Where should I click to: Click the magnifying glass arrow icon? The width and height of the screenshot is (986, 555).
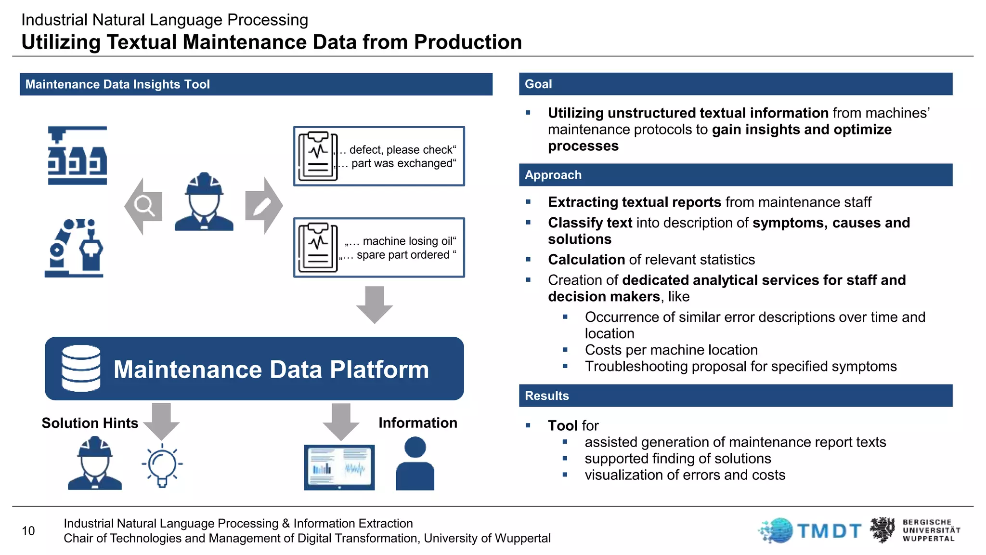click(143, 206)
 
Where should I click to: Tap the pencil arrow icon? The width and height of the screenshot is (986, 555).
click(263, 206)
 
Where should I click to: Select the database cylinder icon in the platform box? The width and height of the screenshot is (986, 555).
click(81, 368)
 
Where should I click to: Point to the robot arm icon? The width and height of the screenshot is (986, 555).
click(74, 248)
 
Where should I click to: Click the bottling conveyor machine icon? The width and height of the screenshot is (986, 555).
click(77, 156)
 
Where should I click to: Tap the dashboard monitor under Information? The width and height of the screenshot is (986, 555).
click(339, 467)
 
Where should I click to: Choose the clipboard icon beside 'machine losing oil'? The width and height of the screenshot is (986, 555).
click(318, 248)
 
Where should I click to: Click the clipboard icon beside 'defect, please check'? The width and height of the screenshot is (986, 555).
click(318, 156)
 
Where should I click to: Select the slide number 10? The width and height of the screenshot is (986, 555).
click(28, 531)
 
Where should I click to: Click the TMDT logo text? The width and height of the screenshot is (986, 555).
click(829, 531)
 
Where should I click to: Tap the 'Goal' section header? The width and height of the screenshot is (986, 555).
click(538, 84)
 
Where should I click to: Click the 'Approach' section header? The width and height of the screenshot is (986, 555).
click(553, 175)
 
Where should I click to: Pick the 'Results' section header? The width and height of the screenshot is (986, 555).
click(546, 396)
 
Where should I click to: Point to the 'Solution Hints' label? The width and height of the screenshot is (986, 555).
click(90, 423)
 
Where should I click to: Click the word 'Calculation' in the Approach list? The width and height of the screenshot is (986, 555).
click(586, 260)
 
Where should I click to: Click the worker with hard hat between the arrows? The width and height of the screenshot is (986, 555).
click(204, 202)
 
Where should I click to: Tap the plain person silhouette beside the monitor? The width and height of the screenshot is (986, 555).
click(415, 463)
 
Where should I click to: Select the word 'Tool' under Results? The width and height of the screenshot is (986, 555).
click(562, 425)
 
